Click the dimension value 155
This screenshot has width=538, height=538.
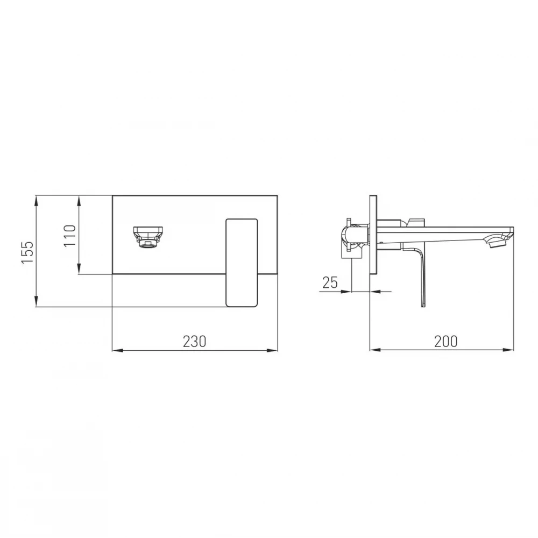click(27, 252)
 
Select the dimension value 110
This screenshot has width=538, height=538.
click(69, 236)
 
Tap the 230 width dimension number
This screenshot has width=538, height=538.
click(195, 342)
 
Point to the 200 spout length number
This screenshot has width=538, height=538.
click(445, 342)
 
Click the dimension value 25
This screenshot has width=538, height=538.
click(330, 282)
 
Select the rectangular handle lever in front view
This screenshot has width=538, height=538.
click(242, 262)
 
